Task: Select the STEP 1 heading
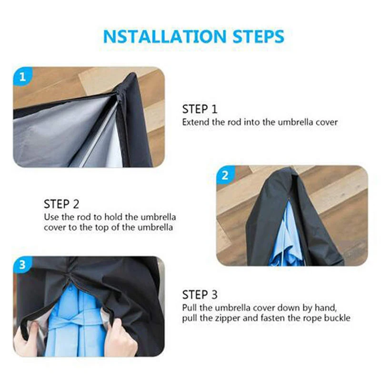click(x=199, y=109)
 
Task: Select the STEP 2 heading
click(x=61, y=204)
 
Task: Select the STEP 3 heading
click(x=199, y=294)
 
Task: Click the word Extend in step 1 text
click(x=196, y=122)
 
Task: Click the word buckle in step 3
click(x=337, y=318)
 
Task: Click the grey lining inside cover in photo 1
click(x=52, y=133)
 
